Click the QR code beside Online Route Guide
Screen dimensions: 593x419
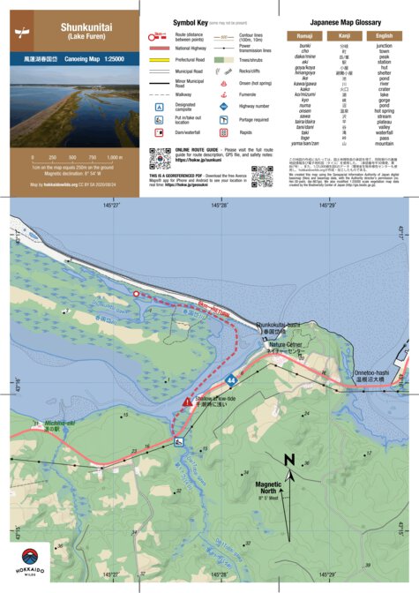(x=159, y=159)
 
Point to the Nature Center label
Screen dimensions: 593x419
(x=286, y=344)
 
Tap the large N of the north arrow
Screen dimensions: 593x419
(x=289, y=459)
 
